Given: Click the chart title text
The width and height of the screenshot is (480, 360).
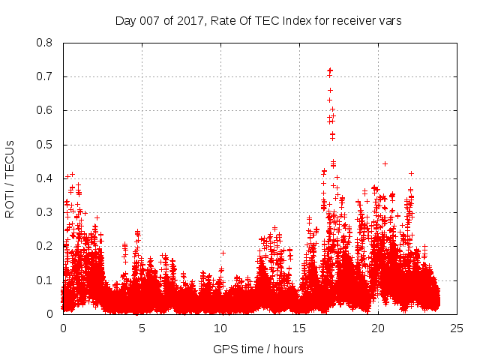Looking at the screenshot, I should (259, 21).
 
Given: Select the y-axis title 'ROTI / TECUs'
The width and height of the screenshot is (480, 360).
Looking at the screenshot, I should (10, 178).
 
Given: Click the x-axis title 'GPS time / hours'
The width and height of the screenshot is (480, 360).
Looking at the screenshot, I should (259, 349).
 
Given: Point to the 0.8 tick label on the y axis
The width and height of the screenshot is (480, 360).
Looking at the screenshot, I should (45, 43).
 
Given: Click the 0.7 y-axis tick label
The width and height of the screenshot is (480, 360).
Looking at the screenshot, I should (45, 76).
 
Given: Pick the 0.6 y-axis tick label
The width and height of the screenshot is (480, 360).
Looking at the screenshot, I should (45, 110).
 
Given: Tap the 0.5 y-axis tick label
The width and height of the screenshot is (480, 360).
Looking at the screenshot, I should (45, 144).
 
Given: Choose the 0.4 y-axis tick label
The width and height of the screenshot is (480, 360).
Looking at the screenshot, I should (45, 178).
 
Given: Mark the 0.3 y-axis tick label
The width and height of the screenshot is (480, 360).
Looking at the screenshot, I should (45, 212).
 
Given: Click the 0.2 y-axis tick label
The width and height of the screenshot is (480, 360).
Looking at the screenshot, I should (45, 246).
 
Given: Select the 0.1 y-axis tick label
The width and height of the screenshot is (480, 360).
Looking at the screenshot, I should (45, 280).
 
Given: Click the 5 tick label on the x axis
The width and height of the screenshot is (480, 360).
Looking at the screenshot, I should (142, 328).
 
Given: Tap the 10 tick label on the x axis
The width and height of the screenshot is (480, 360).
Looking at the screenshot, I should (220, 328).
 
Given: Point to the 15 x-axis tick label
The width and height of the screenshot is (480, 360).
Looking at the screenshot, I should (299, 328).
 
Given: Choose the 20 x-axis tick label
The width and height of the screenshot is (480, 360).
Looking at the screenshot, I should (378, 328).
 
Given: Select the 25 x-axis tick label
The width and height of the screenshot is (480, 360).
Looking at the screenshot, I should (457, 328).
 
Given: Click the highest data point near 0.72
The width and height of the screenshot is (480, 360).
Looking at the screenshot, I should (330, 70).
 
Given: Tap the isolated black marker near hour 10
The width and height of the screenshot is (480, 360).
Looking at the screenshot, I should (223, 253).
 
